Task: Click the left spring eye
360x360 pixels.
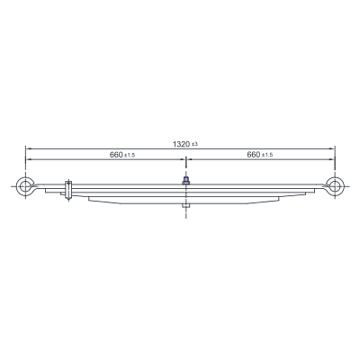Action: coord(20,186)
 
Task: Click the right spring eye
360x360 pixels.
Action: coord(340,186)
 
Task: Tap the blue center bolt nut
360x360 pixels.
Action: coord(186,181)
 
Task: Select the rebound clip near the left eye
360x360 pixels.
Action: coord(68,190)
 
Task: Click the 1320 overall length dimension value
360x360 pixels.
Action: coord(181,144)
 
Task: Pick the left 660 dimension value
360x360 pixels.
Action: coord(116,155)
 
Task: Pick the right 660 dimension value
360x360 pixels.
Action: coord(253,155)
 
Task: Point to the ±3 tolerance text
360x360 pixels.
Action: coord(194,145)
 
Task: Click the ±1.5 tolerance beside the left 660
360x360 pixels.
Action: coord(130,156)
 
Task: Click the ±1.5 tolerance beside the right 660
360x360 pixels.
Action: coord(267,156)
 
